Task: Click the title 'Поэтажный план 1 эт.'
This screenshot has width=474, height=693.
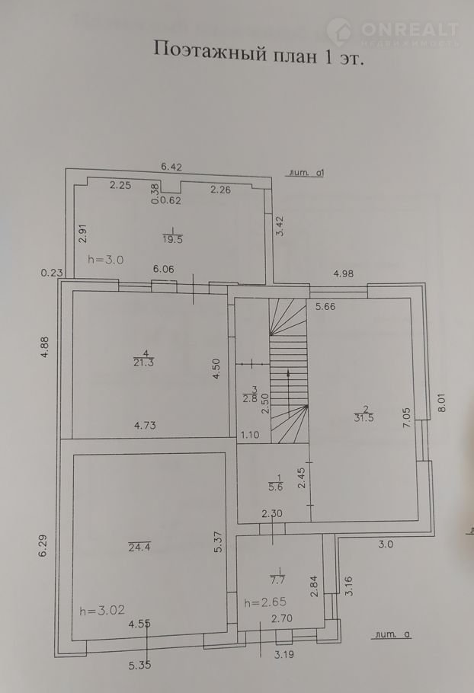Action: click(258, 53)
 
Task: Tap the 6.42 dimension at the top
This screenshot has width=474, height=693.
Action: click(171, 167)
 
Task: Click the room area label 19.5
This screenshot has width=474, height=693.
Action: click(172, 240)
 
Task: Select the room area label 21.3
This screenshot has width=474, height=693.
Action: click(144, 362)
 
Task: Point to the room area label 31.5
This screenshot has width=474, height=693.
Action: click(364, 417)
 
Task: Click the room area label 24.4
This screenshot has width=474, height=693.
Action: click(139, 547)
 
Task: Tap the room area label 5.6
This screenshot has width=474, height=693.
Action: click(275, 487)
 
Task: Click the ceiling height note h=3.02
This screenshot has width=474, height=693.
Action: click(102, 610)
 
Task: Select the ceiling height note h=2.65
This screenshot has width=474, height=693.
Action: click(265, 602)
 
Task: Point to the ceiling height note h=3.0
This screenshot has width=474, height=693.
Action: click(106, 260)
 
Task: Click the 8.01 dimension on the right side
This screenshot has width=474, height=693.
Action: click(442, 403)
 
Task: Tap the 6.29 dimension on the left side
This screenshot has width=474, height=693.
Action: click(43, 547)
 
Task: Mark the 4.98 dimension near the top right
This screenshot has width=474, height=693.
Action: click(343, 273)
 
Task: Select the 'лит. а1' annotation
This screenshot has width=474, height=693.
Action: click(306, 173)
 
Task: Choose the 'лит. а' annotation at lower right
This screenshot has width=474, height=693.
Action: click(392, 634)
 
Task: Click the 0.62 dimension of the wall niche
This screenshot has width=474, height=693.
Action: click(170, 200)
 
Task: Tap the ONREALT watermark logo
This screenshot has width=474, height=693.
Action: click(392, 32)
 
